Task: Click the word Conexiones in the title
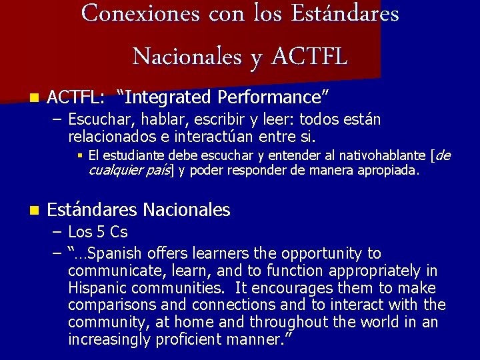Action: (x=141, y=13)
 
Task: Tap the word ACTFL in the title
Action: (x=309, y=56)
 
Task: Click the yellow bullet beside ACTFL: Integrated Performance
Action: (x=34, y=97)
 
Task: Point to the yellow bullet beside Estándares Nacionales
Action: (x=34, y=210)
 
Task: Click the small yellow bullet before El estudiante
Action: (x=80, y=156)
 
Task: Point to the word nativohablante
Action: (x=383, y=155)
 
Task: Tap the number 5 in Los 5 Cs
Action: (x=101, y=232)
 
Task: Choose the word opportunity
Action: (x=321, y=254)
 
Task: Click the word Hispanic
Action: (x=97, y=288)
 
